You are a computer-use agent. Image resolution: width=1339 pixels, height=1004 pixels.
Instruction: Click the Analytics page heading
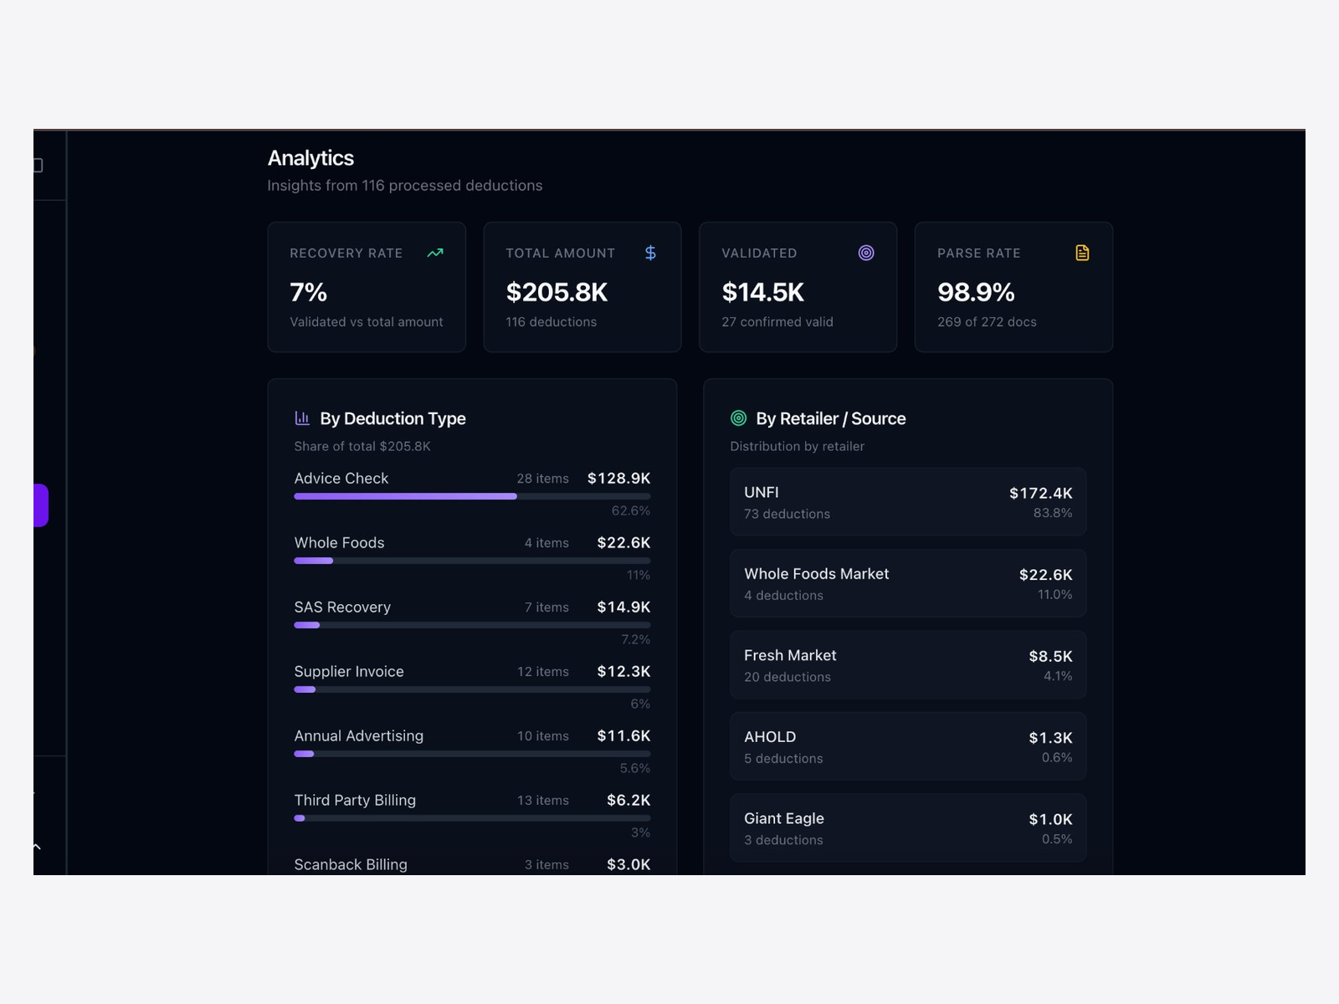point(310,158)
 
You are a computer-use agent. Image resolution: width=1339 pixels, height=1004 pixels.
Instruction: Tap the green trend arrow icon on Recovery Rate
point(435,253)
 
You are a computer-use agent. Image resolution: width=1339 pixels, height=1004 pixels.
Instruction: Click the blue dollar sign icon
point(650,253)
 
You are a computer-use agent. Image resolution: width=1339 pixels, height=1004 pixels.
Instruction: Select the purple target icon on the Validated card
point(866,253)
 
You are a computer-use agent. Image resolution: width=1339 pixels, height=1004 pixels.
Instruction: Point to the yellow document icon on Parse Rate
point(1082,253)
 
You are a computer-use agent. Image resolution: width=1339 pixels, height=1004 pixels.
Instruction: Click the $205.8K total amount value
point(557,292)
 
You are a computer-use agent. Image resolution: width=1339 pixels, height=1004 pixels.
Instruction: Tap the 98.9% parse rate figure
point(976,292)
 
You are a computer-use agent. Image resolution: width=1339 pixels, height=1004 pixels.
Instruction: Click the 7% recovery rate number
point(308,292)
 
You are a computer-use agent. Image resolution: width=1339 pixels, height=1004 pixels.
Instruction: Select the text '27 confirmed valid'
point(777,322)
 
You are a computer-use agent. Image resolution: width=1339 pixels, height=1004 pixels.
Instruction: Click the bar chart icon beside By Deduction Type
point(302,418)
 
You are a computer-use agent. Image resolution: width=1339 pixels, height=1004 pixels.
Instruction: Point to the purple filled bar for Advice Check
point(405,496)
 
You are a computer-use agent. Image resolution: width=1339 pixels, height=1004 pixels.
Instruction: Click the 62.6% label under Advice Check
point(630,510)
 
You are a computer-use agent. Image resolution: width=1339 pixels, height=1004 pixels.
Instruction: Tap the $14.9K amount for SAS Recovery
point(623,607)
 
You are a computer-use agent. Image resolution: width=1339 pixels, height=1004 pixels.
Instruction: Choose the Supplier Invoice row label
point(349,672)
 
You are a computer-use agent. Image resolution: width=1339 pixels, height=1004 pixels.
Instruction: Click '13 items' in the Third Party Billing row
point(542,801)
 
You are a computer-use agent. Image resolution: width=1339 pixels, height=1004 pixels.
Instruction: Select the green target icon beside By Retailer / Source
point(738,418)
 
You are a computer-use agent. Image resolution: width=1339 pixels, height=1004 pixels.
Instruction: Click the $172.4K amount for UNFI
point(1040,494)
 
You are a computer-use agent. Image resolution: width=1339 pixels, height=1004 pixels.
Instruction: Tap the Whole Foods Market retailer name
point(816,574)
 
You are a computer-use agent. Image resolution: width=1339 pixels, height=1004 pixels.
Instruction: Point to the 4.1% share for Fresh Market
point(1058,676)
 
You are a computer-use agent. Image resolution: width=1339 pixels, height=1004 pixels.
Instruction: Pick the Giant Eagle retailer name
point(784,818)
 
